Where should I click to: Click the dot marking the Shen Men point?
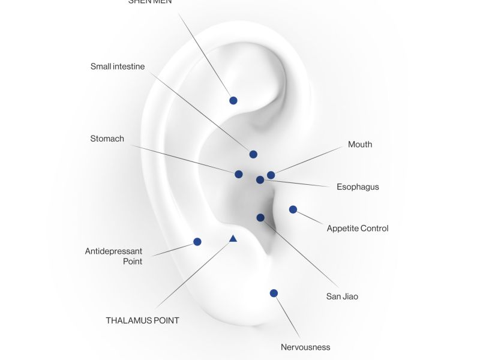(x=233, y=100)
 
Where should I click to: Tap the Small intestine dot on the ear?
(x=253, y=154)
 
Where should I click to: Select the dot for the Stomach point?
(x=239, y=174)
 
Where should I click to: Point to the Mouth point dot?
(x=271, y=175)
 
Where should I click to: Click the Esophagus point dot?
(x=260, y=179)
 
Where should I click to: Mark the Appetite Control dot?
(x=293, y=209)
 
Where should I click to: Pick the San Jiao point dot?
(x=260, y=218)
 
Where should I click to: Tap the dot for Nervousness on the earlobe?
(x=274, y=293)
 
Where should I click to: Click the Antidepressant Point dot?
(x=197, y=242)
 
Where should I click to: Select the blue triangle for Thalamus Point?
(x=233, y=239)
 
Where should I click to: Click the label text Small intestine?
(x=118, y=67)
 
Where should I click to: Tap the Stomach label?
(x=107, y=139)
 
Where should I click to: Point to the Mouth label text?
(x=360, y=145)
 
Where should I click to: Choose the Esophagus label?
(x=358, y=187)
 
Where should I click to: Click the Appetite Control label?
(x=358, y=229)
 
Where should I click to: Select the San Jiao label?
(x=342, y=296)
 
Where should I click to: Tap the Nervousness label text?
(x=305, y=347)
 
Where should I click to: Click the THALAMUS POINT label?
(x=142, y=320)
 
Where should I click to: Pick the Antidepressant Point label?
(x=114, y=256)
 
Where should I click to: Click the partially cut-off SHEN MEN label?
(x=150, y=2)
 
